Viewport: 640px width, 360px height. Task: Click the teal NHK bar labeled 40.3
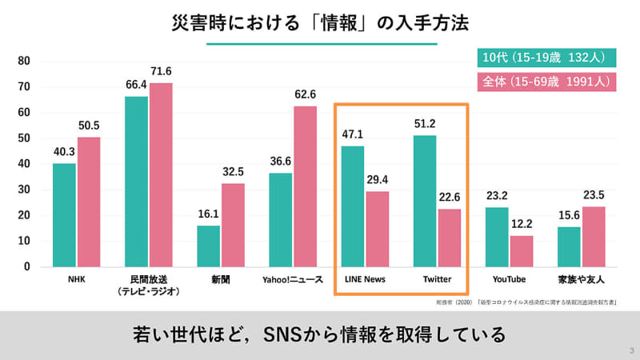pyautogui.click(x=65, y=214)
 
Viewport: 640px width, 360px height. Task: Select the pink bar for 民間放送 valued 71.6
pyautogui.click(x=161, y=174)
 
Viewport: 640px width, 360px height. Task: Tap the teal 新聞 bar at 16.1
pyautogui.click(x=209, y=246)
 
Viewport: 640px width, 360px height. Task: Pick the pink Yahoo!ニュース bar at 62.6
pyautogui.click(x=305, y=186)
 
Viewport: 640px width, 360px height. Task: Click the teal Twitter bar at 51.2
pyautogui.click(x=425, y=201)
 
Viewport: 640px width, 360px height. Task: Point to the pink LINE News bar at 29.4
pyautogui.click(x=377, y=229)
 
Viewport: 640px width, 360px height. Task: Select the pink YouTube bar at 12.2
pyautogui.click(x=522, y=250)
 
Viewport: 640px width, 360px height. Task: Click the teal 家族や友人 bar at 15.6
pyautogui.click(x=569, y=246)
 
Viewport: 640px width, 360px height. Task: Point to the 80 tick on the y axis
pyautogui.click(x=24, y=61)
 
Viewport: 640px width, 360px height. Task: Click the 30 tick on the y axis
pyautogui.click(x=24, y=190)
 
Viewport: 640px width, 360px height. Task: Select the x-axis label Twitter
pyautogui.click(x=437, y=279)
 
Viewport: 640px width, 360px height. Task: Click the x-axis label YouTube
pyautogui.click(x=509, y=279)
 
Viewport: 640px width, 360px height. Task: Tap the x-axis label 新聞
pyautogui.click(x=220, y=279)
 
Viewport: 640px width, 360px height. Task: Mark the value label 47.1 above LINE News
pyautogui.click(x=353, y=134)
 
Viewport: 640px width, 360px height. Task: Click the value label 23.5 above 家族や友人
pyautogui.click(x=592, y=195)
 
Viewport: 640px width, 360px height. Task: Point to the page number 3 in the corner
pyautogui.click(x=630, y=350)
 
